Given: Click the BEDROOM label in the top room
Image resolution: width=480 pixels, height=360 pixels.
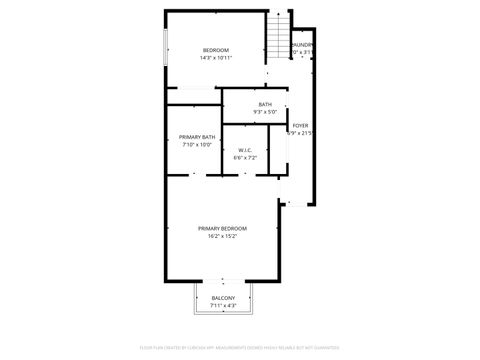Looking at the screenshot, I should coord(216,50).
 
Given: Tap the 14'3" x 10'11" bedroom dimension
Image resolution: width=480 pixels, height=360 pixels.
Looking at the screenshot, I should coord(216,58).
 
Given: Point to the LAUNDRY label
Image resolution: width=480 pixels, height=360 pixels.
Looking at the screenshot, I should coord(302,45).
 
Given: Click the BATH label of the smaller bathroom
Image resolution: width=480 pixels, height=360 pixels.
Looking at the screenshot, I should coord(265,104).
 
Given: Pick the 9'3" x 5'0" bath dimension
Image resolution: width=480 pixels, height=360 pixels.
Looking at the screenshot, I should coord(265,112).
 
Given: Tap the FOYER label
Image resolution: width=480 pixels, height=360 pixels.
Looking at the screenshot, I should coord(300,125).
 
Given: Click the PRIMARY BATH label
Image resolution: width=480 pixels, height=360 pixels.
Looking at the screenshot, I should coord(197,137).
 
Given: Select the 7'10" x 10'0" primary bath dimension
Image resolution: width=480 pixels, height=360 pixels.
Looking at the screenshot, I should coord(197,145).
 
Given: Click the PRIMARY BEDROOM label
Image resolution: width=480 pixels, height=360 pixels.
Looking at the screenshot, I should coord(222,229).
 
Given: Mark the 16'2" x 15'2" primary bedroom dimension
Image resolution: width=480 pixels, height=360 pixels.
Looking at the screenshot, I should coord(222,237).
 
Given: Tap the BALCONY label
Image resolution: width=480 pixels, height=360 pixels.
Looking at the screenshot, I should coord(223,298).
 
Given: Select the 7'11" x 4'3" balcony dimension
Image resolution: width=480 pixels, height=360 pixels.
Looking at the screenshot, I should coord(223,306).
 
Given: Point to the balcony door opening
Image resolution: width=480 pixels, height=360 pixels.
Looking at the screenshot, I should coord(223,281).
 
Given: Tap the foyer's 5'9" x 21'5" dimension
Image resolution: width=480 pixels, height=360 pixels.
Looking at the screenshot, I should coord(300,133).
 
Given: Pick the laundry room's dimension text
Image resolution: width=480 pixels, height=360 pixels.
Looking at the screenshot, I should coord(302,53).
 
